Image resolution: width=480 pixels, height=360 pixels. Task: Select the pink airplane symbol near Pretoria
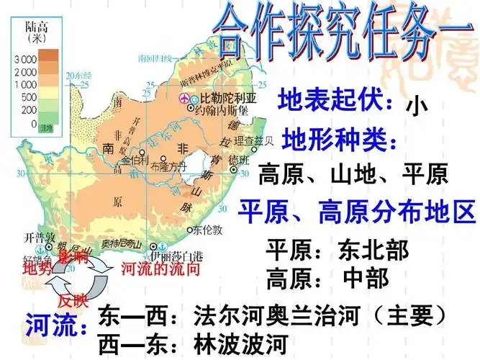(x=184, y=98)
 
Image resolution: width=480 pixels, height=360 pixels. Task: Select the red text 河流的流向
(x=160, y=269)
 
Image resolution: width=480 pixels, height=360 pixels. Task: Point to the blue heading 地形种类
(x=339, y=138)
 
